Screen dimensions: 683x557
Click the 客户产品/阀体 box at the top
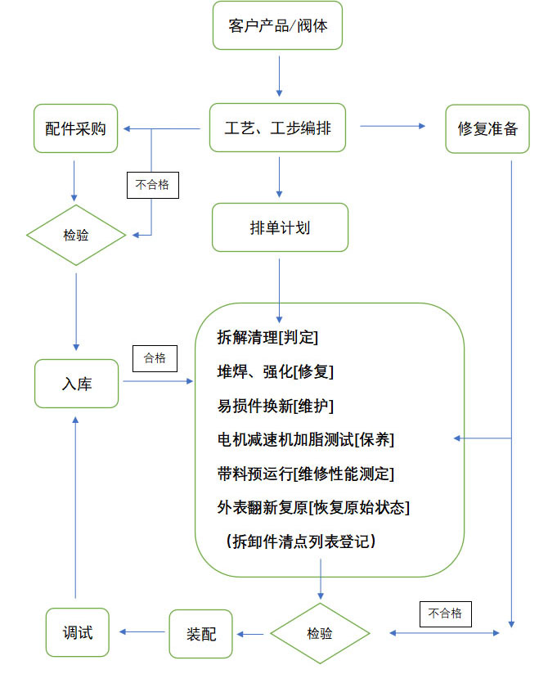coord(278,26)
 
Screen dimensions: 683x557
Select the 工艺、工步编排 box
coord(278,128)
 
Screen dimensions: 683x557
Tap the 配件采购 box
coord(75,128)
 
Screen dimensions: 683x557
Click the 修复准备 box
coord(487,128)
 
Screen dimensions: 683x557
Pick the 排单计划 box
coord(280,227)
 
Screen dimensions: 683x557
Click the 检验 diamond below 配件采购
coord(76,236)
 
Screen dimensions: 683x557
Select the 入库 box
coord(76,383)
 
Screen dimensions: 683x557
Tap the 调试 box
coord(77,632)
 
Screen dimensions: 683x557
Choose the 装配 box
coord(200,633)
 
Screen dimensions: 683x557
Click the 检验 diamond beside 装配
coord(320,633)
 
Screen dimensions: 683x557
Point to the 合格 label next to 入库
coord(155,357)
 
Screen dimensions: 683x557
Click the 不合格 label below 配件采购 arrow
coord(152,185)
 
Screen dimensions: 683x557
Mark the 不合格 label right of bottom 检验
coord(445,613)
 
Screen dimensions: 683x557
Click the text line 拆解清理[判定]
coord(267,337)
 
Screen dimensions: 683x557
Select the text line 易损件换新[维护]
coord(275,406)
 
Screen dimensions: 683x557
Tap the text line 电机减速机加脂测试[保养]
coord(306,439)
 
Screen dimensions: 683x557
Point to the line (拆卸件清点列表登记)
coord(300,541)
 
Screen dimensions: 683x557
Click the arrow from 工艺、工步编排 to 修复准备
coord(393,126)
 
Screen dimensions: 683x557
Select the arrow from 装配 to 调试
coord(143,631)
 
